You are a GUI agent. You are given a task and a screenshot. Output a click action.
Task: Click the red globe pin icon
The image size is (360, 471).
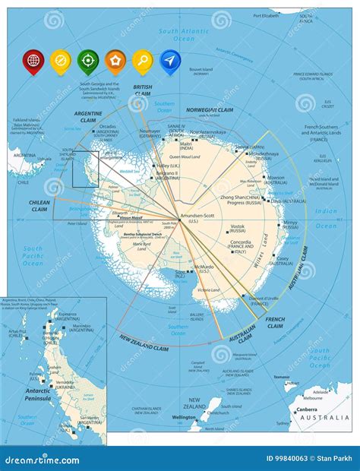coord(33,59)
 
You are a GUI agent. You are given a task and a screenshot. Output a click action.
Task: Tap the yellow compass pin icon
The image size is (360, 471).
coord(61,59)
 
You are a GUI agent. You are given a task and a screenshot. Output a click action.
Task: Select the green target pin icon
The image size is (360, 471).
coord(88,59)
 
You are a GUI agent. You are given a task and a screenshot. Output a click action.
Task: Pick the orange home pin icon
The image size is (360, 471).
coord(115,59)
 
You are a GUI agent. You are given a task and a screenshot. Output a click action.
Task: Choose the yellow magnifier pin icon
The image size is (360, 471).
coord(143,59)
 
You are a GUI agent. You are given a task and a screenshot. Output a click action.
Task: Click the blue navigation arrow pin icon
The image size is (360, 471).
coord(171,59)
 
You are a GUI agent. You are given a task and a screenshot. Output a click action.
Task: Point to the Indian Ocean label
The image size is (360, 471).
coord(326,218)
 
